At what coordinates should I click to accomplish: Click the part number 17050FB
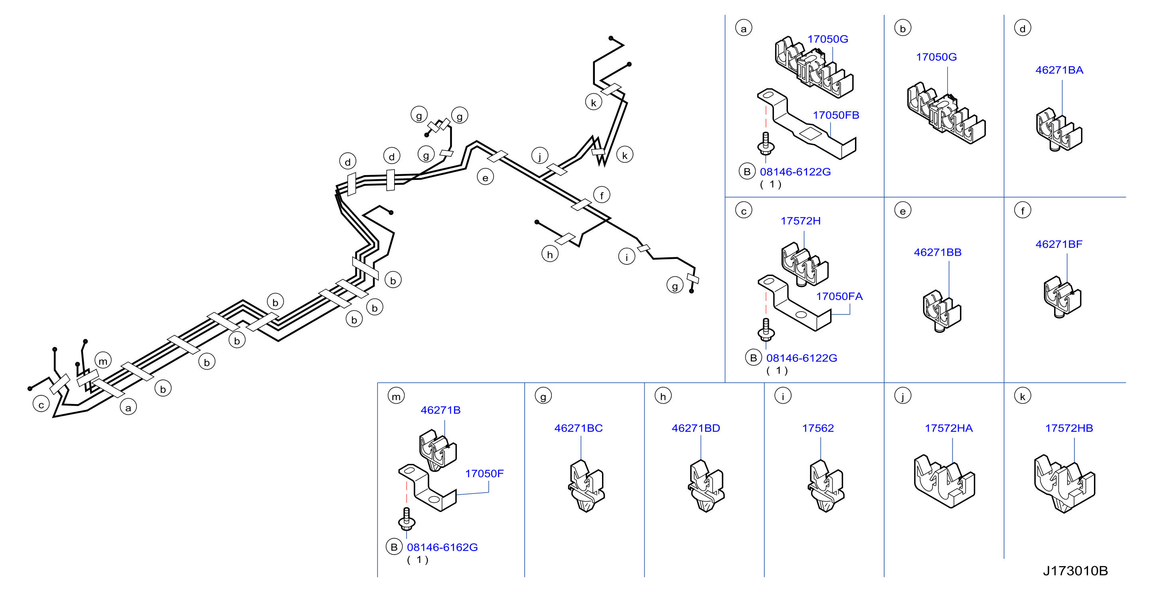(836, 115)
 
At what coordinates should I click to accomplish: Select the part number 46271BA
(1059, 70)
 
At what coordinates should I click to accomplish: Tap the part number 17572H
(800, 221)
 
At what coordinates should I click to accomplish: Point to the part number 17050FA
(839, 296)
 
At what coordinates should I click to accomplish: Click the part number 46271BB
(938, 253)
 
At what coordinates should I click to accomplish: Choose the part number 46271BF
(1058, 245)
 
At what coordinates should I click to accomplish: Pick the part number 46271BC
(578, 428)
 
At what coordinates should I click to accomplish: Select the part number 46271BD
(695, 428)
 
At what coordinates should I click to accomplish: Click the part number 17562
(818, 428)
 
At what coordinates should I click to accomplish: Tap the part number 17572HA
(949, 428)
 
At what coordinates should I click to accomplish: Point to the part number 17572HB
(1069, 428)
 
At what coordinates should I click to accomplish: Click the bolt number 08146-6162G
(442, 548)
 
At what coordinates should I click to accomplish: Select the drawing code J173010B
(1075, 571)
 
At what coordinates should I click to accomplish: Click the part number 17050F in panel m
(484, 474)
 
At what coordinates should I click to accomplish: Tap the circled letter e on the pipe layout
(485, 178)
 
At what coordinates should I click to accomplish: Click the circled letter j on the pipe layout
(540, 156)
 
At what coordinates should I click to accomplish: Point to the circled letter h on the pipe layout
(550, 254)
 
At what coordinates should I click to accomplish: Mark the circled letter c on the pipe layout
(41, 405)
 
